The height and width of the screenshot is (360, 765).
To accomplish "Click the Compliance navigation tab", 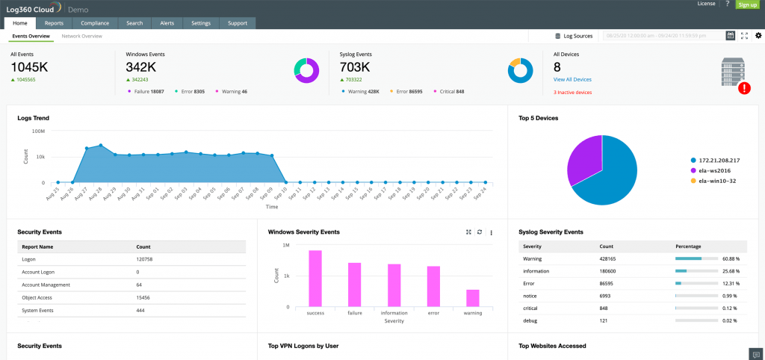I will (95, 23).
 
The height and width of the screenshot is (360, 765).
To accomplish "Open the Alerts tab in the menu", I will (167, 23).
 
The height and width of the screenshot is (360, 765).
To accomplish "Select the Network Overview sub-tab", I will (81, 36).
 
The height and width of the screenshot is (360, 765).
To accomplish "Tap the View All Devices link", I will (572, 79).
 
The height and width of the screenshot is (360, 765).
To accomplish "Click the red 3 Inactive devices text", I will (572, 93).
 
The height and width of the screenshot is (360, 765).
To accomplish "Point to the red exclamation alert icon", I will (744, 88).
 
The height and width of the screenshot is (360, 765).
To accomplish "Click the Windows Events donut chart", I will (306, 70).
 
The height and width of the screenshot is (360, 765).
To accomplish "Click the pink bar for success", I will (315, 278).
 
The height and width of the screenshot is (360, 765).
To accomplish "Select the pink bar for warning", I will (473, 297).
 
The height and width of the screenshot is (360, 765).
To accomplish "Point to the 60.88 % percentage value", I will (730, 258).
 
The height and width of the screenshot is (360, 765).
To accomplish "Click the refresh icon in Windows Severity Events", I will (480, 232).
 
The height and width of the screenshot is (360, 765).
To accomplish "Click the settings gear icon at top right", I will (758, 36).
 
